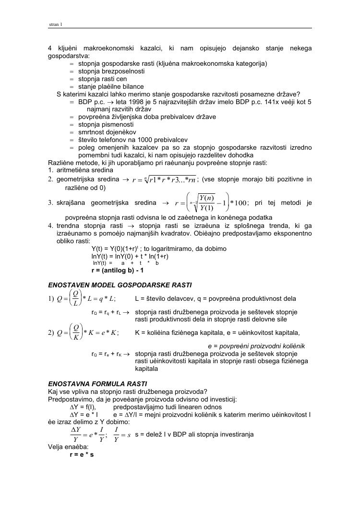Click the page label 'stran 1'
[x=56, y=24]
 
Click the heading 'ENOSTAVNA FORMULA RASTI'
[x=93, y=384]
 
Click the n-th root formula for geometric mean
[x=164, y=180]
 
